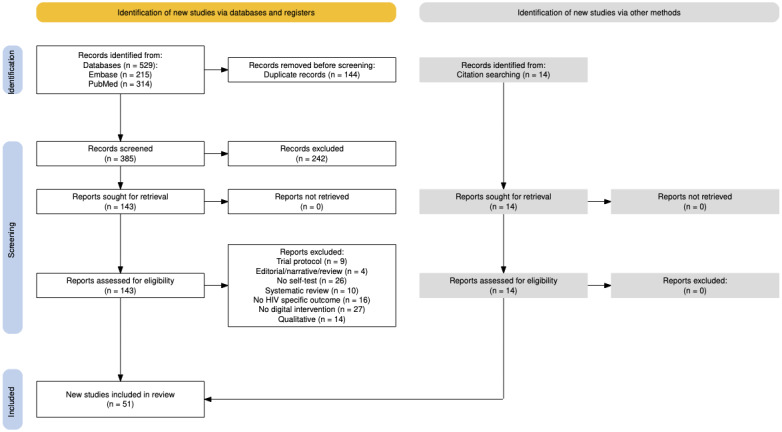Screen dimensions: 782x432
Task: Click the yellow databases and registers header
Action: point(216,12)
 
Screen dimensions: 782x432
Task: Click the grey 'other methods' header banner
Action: point(599,12)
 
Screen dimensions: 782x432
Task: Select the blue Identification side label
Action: point(12,70)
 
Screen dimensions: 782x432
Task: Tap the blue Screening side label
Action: point(12,237)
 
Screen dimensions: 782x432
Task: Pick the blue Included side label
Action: point(12,400)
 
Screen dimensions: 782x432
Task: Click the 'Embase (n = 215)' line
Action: point(120,74)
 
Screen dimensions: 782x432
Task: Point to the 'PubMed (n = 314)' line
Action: point(120,84)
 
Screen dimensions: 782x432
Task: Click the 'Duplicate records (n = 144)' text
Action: point(312,74)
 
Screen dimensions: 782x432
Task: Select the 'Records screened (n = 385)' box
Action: point(120,154)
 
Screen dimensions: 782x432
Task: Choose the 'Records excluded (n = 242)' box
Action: point(312,154)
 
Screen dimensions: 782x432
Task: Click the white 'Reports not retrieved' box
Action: point(312,202)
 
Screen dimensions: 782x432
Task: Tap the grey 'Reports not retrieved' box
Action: point(695,202)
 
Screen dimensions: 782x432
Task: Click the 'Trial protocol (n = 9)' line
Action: point(312,261)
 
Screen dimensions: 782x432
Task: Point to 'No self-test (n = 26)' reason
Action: point(312,280)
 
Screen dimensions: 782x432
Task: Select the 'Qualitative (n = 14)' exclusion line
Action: point(312,319)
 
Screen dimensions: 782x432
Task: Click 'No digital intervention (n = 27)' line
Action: point(312,309)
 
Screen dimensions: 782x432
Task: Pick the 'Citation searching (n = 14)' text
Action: point(503,74)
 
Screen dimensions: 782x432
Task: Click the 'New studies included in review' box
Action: point(120,400)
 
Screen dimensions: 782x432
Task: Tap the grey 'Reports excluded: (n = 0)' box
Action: point(695,285)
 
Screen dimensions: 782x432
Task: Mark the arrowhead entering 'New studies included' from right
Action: point(208,399)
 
